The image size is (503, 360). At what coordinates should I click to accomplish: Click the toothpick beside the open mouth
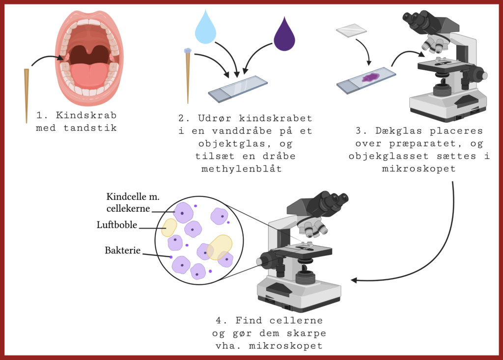(x=27, y=96)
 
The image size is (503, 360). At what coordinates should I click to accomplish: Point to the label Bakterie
(x=123, y=250)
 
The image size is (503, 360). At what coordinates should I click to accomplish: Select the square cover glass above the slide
(x=351, y=31)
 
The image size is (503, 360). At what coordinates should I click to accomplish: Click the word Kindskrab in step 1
(x=86, y=115)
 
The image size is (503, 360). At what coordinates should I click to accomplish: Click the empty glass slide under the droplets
(x=239, y=87)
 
